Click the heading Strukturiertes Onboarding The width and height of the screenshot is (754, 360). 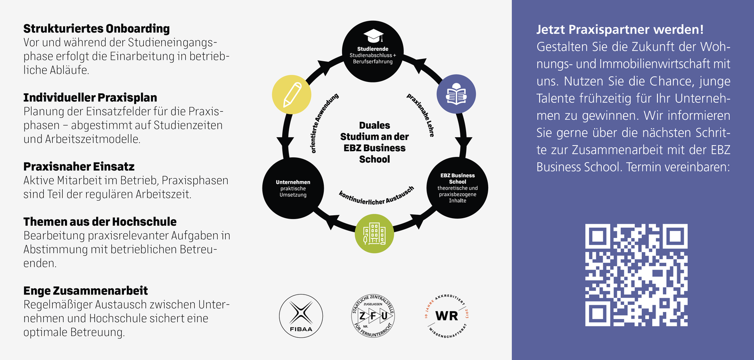pyautogui.click(x=96, y=29)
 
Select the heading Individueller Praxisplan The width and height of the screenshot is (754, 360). pyautogui.click(x=90, y=98)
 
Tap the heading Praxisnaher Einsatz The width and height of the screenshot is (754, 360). pyautogui.click(x=79, y=166)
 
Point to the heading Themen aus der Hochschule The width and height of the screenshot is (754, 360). pyautogui.click(x=100, y=221)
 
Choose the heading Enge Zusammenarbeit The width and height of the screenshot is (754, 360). pyautogui.click(x=85, y=291)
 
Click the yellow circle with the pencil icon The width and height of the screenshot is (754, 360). pyautogui.click(x=292, y=94)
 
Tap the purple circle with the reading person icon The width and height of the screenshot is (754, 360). pyautogui.click(x=456, y=94)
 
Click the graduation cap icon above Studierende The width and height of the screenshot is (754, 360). pyautogui.click(x=373, y=36)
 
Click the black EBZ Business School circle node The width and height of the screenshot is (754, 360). pyautogui.click(x=457, y=188)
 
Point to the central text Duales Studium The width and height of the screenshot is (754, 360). pyautogui.click(x=374, y=142)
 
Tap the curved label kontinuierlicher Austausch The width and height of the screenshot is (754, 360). pyautogui.click(x=377, y=196)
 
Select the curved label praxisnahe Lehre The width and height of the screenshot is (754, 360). pyautogui.click(x=420, y=115)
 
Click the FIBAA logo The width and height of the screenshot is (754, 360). pyautogui.click(x=301, y=316)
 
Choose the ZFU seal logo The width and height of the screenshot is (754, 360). pyautogui.click(x=373, y=316)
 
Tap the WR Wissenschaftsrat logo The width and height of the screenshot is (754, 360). pyautogui.click(x=446, y=316)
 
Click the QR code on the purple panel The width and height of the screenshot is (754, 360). pyautogui.click(x=636, y=275)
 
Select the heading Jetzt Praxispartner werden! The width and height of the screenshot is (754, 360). pyautogui.click(x=620, y=30)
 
